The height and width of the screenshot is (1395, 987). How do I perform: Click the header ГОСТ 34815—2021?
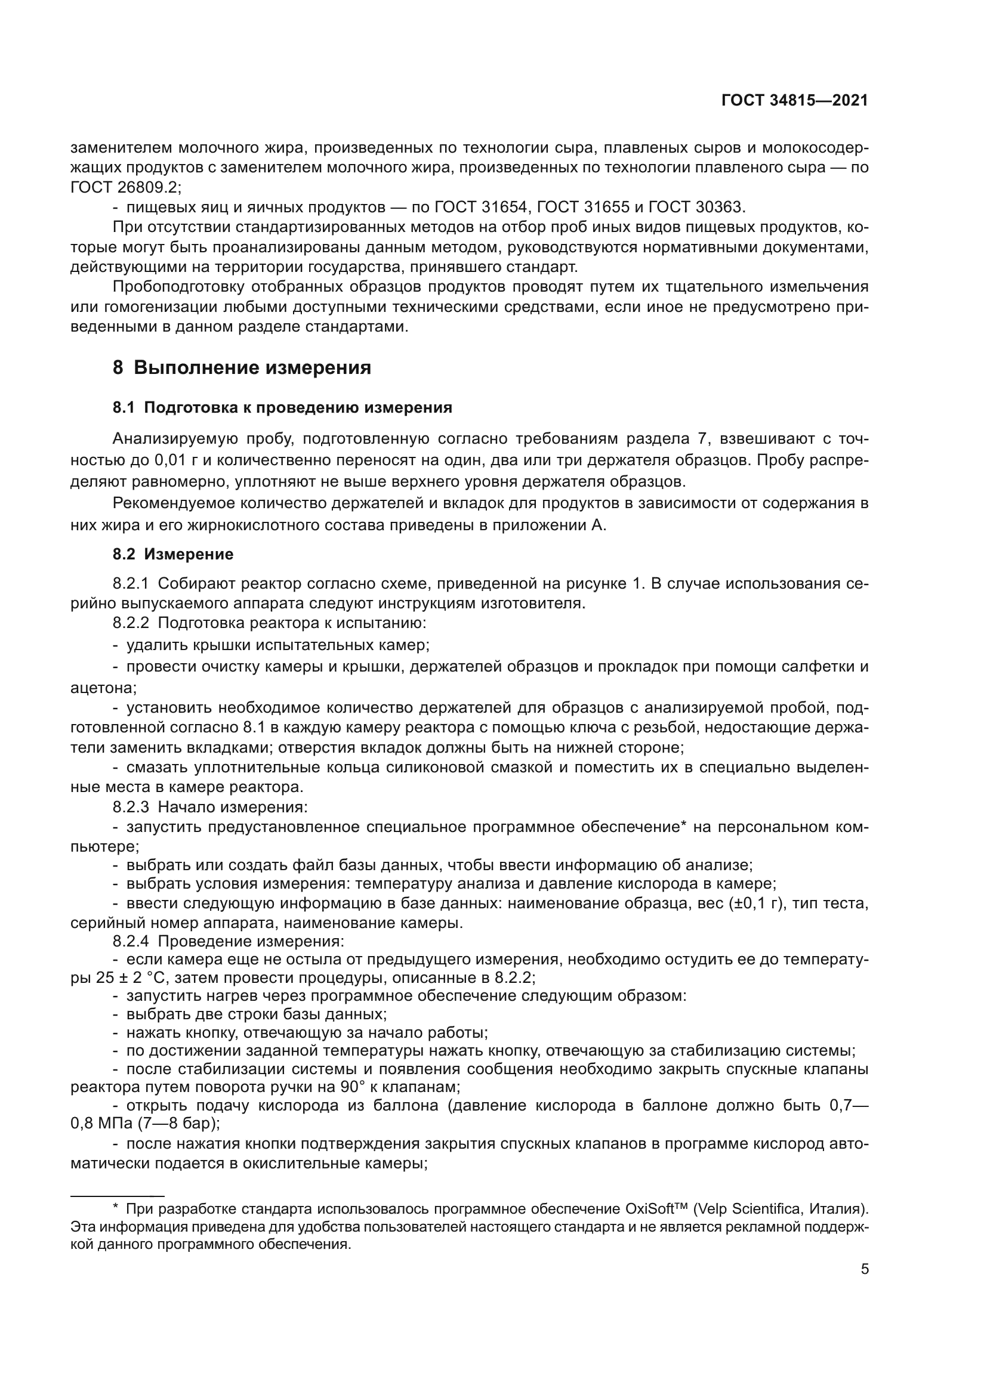click(x=794, y=101)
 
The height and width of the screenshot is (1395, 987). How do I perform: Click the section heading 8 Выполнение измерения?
click(x=242, y=367)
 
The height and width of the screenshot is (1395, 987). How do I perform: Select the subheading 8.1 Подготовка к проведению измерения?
click(x=282, y=408)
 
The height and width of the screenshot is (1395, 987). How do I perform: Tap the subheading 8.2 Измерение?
click(x=172, y=554)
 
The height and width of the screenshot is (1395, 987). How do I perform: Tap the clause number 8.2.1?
click(x=131, y=584)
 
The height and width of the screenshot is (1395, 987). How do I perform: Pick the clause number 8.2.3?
click(x=131, y=807)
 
